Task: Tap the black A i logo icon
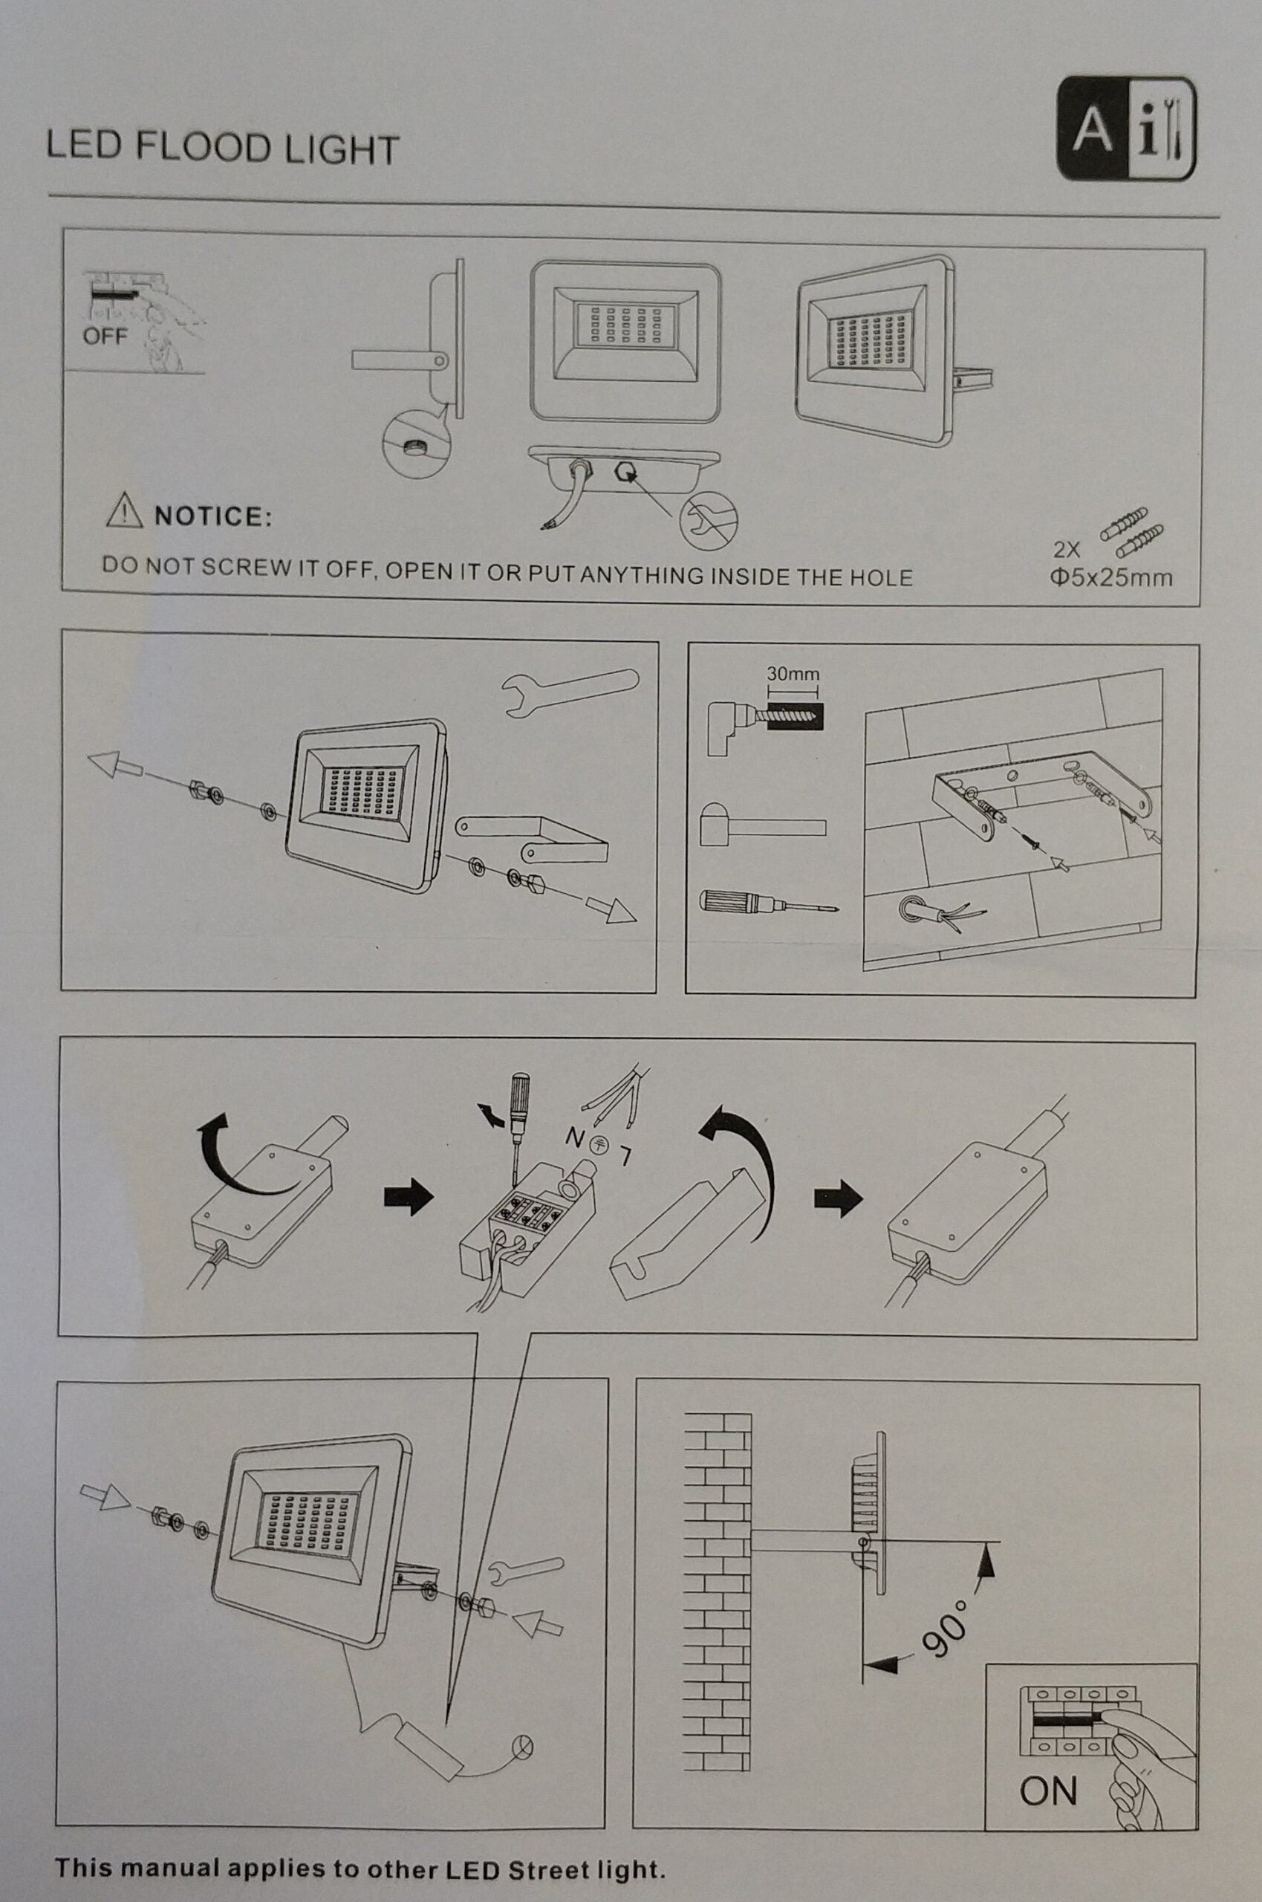[x=1125, y=127]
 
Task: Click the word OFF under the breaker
[x=105, y=336]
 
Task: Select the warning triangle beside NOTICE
[x=125, y=511]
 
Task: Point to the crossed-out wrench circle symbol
[x=709, y=517]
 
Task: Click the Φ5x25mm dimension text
[x=1110, y=577]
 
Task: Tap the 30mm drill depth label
[x=793, y=673]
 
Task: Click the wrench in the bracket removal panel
[x=569, y=688]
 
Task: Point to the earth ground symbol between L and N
[x=599, y=1146]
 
